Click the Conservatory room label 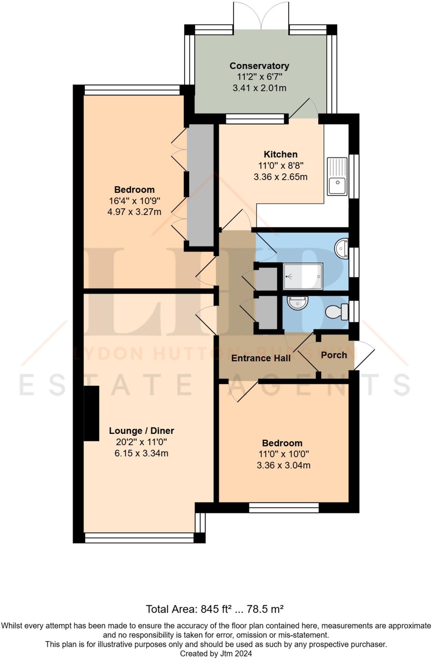pos(259,66)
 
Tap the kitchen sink pos(337,176)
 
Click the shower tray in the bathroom pos(303,276)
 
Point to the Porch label pos(334,355)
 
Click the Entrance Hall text pos(261,358)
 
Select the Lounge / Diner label pos(141,431)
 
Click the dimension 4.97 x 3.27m pos(134,212)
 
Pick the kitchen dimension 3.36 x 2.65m pos(280,177)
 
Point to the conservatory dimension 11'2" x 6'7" pos(260,77)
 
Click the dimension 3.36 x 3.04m pos(284,465)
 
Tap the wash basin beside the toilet pos(297,303)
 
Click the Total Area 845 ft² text pos(214,609)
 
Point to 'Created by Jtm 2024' pos(216,654)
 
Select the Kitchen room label pos(280,154)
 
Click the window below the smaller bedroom pos(284,508)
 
